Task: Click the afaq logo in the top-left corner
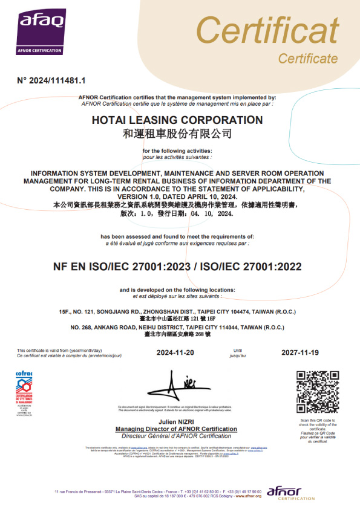pyautogui.click(x=41, y=28)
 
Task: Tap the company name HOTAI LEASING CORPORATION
pyautogui.click(x=177, y=120)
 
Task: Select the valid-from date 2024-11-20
pyautogui.click(x=175, y=352)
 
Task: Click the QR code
pyautogui.click(x=317, y=392)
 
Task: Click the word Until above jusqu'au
pyautogui.click(x=238, y=350)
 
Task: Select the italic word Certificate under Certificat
pyautogui.click(x=307, y=59)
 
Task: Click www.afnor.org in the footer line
pyautogui.click(x=248, y=495)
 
